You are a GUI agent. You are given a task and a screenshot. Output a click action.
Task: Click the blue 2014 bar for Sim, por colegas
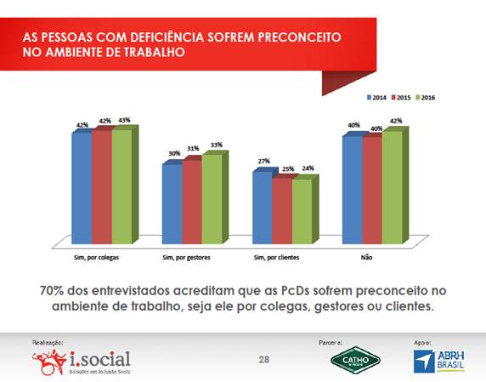click(x=82, y=187)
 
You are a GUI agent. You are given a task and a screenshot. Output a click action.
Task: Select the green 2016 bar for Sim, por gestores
click(x=212, y=200)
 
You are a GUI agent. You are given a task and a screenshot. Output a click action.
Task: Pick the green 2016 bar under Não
click(x=394, y=187)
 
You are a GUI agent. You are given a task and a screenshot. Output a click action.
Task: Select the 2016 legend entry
click(x=426, y=98)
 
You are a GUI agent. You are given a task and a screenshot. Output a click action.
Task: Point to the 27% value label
click(x=263, y=161)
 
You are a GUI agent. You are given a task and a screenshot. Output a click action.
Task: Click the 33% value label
click(x=217, y=145)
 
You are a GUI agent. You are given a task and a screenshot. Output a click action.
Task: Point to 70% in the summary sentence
click(x=54, y=290)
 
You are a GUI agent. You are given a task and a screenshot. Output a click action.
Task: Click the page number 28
click(x=263, y=361)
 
